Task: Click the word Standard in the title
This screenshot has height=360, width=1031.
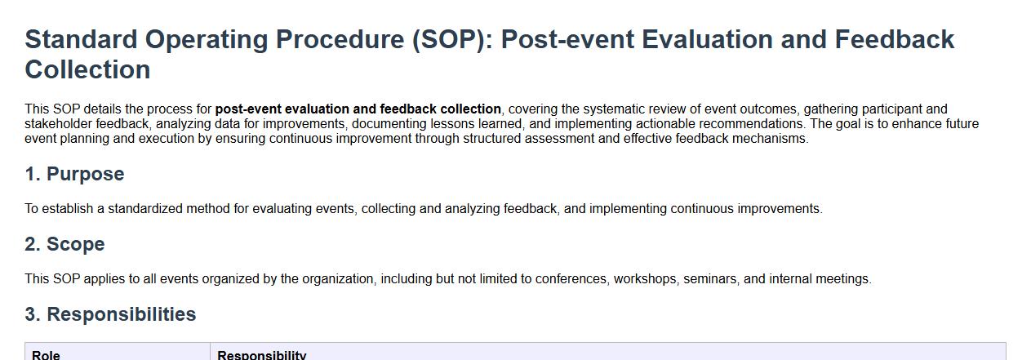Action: [81, 39]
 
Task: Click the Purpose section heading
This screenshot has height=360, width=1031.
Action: [74, 174]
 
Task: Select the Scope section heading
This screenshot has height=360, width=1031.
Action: [65, 244]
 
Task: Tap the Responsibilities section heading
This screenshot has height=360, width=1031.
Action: [110, 314]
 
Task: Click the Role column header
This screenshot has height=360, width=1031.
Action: [46, 355]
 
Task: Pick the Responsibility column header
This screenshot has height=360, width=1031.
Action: [261, 355]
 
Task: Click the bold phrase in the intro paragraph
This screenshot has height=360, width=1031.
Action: [358, 109]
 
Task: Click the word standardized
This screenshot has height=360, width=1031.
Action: [145, 208]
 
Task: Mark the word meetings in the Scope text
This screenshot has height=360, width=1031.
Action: [843, 279]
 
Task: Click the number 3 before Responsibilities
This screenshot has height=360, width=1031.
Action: [31, 314]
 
